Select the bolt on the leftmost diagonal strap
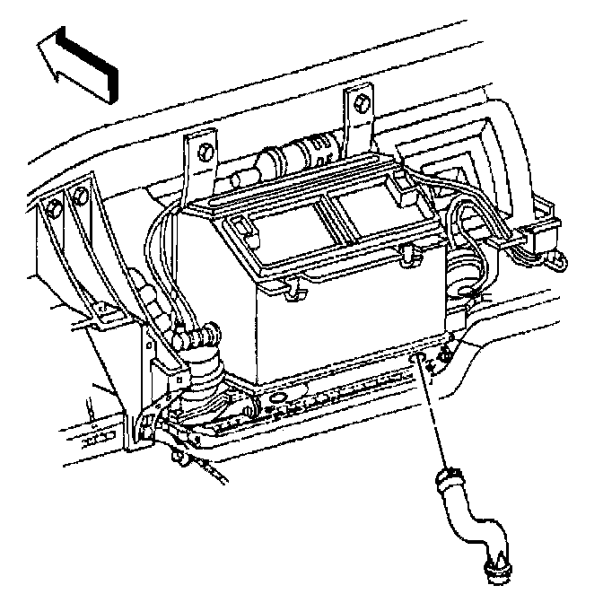(55, 207)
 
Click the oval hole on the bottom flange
(277, 397)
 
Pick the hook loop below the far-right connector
(558, 261)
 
